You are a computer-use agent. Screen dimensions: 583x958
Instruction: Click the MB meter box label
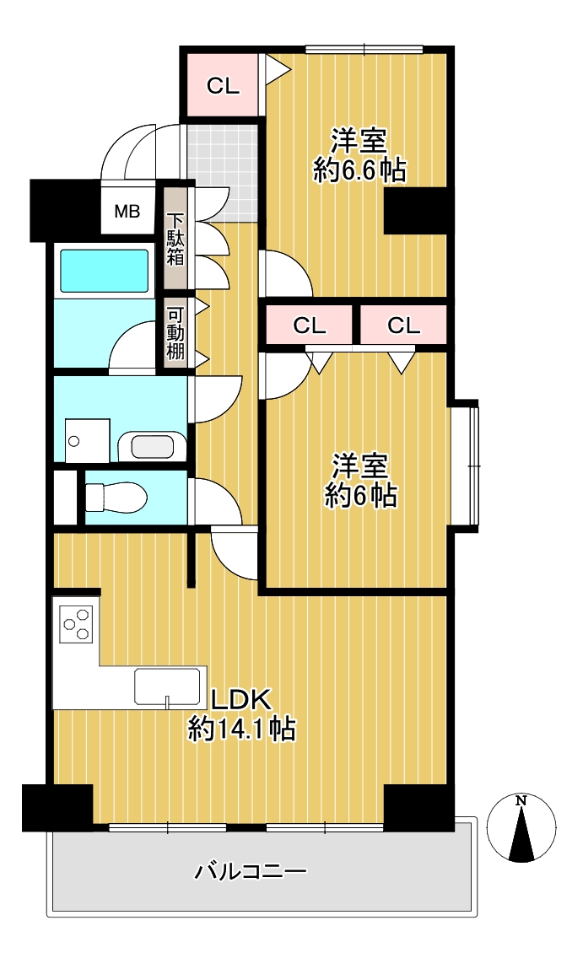[x=127, y=212]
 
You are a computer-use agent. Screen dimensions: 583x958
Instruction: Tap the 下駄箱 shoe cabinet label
[x=175, y=239]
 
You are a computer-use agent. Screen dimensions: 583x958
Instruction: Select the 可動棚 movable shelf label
[x=175, y=333]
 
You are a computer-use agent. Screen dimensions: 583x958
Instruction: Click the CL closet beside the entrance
[x=223, y=85]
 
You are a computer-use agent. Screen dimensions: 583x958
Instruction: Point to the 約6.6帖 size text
[x=360, y=170]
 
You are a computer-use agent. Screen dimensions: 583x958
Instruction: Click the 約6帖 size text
[x=360, y=495]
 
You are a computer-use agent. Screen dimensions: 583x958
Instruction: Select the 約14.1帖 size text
[x=241, y=729]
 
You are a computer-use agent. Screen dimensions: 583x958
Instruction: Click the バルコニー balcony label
[x=251, y=870]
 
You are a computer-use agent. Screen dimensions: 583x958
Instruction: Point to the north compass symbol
[x=521, y=829]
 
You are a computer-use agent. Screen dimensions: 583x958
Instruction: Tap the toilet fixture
[x=116, y=498]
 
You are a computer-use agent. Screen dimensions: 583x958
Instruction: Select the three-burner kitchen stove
[x=77, y=623]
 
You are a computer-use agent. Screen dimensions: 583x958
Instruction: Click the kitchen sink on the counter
[x=168, y=686]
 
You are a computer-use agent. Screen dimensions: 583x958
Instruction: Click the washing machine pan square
[x=88, y=440]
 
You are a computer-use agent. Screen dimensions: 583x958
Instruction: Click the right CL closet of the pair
[x=403, y=325]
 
